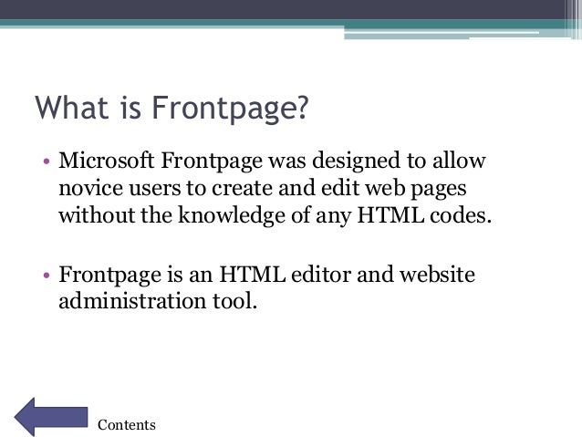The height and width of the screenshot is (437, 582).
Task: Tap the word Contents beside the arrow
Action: (127, 424)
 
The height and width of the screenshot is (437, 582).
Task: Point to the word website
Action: (435, 274)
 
